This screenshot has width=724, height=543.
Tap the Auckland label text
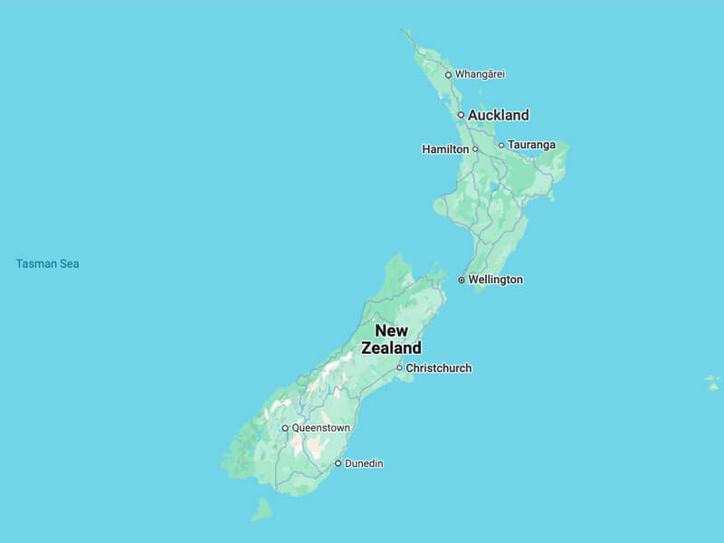coord(498,115)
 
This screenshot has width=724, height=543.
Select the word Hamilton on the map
coord(445,148)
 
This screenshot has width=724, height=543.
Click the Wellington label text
coord(495,280)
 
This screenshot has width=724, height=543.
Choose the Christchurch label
coord(439,368)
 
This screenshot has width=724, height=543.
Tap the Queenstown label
coord(321,427)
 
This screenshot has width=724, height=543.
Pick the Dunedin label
coord(364,463)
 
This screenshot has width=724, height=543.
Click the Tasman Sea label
coord(48,264)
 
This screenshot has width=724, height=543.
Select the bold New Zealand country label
coord(392,339)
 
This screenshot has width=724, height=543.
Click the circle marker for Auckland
coord(461,115)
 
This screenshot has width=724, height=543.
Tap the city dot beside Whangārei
coord(448,74)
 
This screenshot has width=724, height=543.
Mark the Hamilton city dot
coord(475,148)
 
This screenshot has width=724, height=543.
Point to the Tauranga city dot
coord(501,145)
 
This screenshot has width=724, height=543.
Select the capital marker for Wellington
coord(462,281)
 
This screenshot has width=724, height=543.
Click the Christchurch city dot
coord(399,368)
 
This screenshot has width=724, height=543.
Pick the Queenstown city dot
coord(285,428)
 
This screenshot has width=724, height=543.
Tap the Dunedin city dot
coord(338,463)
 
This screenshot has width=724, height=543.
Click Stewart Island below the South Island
coord(262,510)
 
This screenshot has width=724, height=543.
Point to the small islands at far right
coord(713,383)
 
